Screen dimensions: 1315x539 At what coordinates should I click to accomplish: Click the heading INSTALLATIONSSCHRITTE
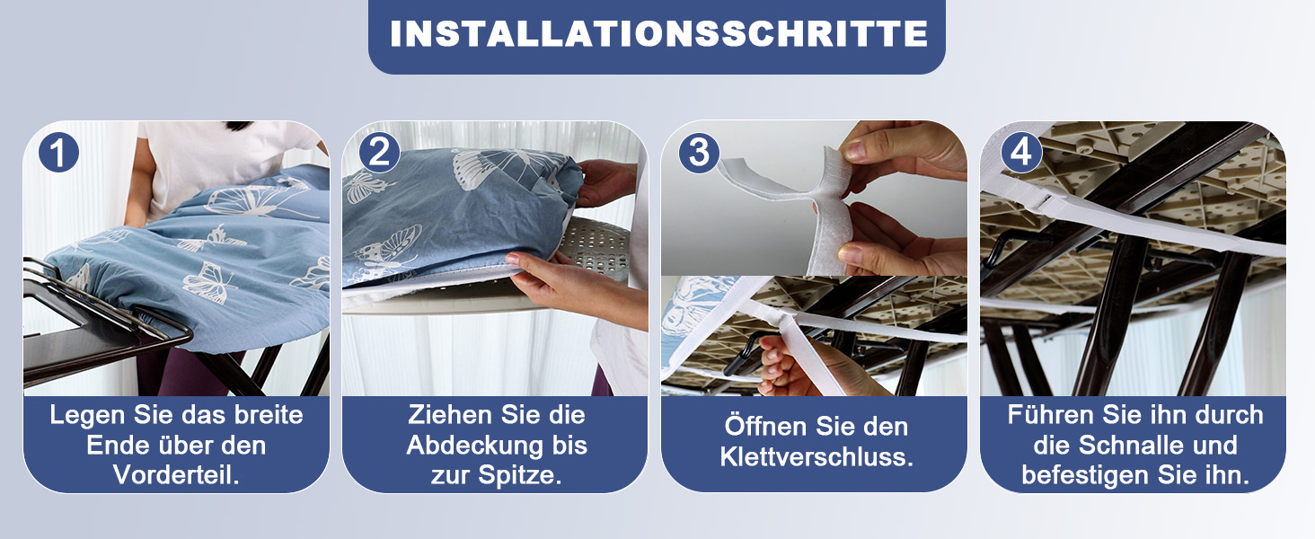coord(658,33)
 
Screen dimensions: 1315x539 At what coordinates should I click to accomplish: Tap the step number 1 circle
coord(58,152)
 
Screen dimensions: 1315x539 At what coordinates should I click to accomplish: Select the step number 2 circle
coord(379,152)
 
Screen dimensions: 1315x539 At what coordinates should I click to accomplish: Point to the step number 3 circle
coord(699,152)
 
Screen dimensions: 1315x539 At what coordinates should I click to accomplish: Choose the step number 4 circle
coord(1021,152)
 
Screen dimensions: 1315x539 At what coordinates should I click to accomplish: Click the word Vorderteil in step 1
coord(176,474)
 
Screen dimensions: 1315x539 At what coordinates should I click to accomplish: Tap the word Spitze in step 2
coord(520,475)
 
